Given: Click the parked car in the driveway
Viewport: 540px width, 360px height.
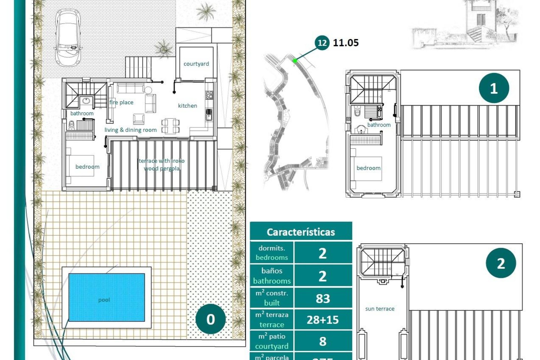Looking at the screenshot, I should point(68,38).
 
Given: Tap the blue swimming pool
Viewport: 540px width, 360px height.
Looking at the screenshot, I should point(107,297).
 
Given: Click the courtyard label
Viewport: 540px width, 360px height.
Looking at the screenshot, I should point(196,64).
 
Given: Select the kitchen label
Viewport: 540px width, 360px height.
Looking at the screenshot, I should point(187,106).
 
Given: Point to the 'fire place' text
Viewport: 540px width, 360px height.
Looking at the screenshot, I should point(121,102).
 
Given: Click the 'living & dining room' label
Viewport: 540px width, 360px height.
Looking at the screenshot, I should point(130,130).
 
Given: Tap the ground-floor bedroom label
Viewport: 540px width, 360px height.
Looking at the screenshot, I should point(87,167).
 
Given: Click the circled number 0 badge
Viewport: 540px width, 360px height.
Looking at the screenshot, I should point(210,319).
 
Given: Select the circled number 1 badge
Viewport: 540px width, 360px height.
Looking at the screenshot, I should point(494,88).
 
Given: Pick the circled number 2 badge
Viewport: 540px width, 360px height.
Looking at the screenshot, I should point(501,263).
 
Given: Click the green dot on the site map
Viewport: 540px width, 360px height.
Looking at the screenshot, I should point(294,60).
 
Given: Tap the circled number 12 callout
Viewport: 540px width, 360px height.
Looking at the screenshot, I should point(322,43).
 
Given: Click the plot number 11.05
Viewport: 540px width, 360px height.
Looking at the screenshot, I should point(346,43).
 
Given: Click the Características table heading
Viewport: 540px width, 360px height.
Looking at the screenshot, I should point(301,232).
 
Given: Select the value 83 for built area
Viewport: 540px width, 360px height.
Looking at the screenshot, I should point(323,298).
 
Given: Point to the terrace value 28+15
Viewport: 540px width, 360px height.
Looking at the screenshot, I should point(323,320).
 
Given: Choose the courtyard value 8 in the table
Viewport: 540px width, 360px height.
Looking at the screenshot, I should point(323,341).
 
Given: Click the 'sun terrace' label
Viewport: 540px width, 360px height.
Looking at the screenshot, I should point(380,309).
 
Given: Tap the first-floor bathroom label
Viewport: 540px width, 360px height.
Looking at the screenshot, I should point(379,125).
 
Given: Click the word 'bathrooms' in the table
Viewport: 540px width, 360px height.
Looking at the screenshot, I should point(272,281).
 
